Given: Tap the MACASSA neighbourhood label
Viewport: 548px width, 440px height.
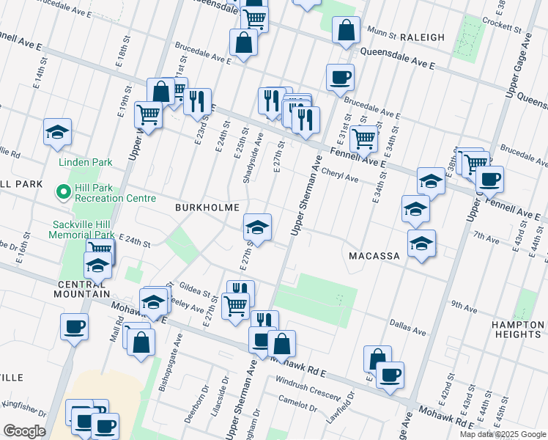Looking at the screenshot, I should tap(374, 256).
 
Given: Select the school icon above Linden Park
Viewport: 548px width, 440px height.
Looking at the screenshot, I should tap(57, 132).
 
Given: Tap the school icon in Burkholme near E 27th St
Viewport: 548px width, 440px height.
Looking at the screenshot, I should tap(257, 227).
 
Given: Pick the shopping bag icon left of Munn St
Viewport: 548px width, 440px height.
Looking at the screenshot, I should tap(346, 31).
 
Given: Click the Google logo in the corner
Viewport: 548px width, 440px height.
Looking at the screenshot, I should tap(24, 431).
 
